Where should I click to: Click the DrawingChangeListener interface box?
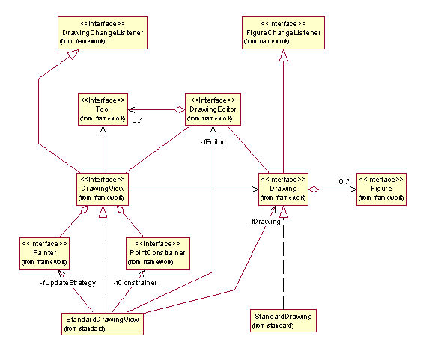pyautogui.click(x=103, y=33)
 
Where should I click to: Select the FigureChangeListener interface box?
pyautogui.click(x=283, y=33)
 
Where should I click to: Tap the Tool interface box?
pyautogui.click(x=103, y=109)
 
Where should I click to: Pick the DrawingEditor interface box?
pyautogui.click(x=213, y=109)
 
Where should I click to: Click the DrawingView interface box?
pyautogui.click(x=103, y=189)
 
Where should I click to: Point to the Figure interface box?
pyautogui.click(x=381, y=189)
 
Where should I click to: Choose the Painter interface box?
pyautogui.click(x=44, y=254)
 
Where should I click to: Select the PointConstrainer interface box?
pyautogui.click(x=157, y=254)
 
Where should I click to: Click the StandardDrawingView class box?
pyautogui.click(x=103, y=324)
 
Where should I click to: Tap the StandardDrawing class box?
pyautogui.click(x=283, y=320)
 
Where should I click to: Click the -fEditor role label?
pyautogui.click(x=212, y=142)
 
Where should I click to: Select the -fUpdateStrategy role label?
pyautogui.click(x=68, y=283)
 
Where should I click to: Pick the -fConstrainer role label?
pyautogui.click(x=135, y=283)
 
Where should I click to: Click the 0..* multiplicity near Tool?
pyautogui.click(x=138, y=120)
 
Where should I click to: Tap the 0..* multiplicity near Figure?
pyautogui.click(x=344, y=181)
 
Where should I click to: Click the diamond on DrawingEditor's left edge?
pyautogui.click(x=180, y=110)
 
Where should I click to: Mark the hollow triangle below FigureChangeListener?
pyautogui.click(x=283, y=55)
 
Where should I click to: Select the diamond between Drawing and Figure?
pyautogui.click(x=314, y=189)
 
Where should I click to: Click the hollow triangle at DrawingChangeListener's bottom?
pyautogui.click(x=73, y=54)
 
